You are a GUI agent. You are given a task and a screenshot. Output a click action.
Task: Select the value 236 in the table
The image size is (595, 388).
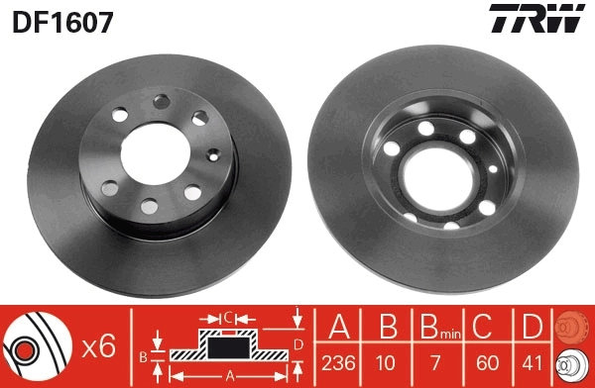click(x=338, y=363)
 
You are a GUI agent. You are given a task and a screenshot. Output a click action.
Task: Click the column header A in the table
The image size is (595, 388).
click(x=338, y=328)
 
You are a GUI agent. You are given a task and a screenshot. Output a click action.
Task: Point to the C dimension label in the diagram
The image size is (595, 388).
click(x=227, y=318)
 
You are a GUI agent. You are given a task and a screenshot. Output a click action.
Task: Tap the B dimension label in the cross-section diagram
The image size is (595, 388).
click(x=143, y=354)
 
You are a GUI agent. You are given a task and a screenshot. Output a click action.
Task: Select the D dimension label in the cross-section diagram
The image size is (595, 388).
click(x=297, y=343)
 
